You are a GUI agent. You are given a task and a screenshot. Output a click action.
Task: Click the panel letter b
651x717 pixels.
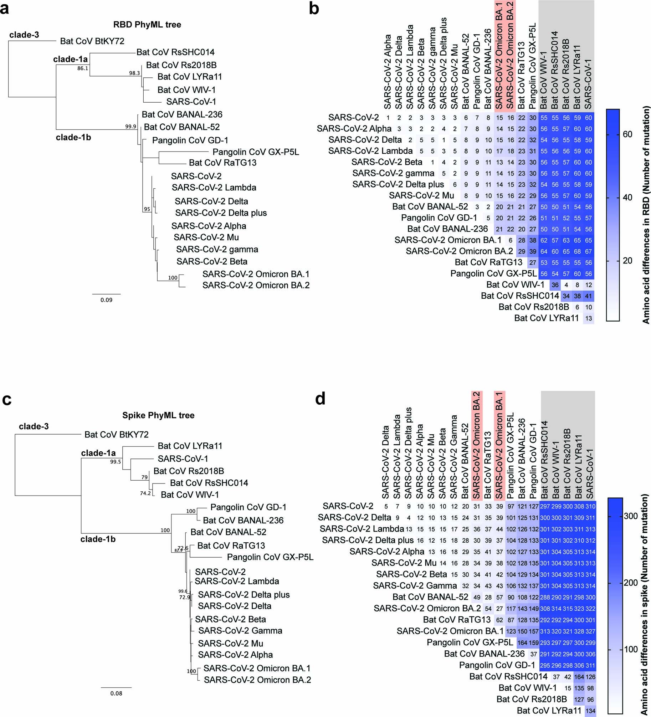[x=314, y=9]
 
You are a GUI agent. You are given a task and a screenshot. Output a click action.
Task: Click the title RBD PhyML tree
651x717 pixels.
[x=147, y=25]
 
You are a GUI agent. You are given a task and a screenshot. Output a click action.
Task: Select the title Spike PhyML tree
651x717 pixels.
[x=158, y=415]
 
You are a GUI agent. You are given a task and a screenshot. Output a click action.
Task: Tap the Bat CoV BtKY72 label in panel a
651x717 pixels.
[x=92, y=41]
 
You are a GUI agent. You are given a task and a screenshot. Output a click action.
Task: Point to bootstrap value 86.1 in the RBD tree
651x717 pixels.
[x=83, y=68]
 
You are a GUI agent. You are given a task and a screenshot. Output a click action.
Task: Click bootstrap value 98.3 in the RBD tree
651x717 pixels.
[x=134, y=73]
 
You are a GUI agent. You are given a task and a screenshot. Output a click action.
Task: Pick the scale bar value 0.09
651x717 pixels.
[x=106, y=300]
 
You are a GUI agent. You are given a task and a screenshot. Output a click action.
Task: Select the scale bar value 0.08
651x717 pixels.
[x=116, y=693]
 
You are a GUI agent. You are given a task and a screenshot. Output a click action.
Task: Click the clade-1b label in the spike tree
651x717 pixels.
[x=98, y=539]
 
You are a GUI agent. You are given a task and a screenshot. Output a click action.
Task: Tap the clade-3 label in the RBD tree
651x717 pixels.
[x=24, y=35]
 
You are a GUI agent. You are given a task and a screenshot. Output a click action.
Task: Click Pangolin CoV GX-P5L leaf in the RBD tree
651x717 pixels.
[x=256, y=152]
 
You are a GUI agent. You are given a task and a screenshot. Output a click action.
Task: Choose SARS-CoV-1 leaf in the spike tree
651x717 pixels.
[x=183, y=459]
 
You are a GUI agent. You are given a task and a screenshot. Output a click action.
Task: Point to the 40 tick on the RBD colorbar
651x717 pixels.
[x=627, y=198]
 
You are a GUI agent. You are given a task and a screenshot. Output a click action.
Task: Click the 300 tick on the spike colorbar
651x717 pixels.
[x=630, y=516]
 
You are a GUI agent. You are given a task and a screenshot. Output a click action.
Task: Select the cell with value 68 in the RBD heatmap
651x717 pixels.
[x=577, y=251]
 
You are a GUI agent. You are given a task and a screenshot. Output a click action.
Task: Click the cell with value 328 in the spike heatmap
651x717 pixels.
[x=579, y=631]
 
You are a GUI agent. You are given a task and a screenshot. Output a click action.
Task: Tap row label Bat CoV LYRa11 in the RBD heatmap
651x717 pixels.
[x=546, y=318]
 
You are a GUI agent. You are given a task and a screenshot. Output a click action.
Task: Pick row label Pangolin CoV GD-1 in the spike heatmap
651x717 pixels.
[x=497, y=665]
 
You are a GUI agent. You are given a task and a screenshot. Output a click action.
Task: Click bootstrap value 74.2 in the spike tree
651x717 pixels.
[x=145, y=493]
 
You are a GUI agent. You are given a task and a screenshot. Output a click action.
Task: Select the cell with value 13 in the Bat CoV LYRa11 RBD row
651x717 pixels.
[x=588, y=318]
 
